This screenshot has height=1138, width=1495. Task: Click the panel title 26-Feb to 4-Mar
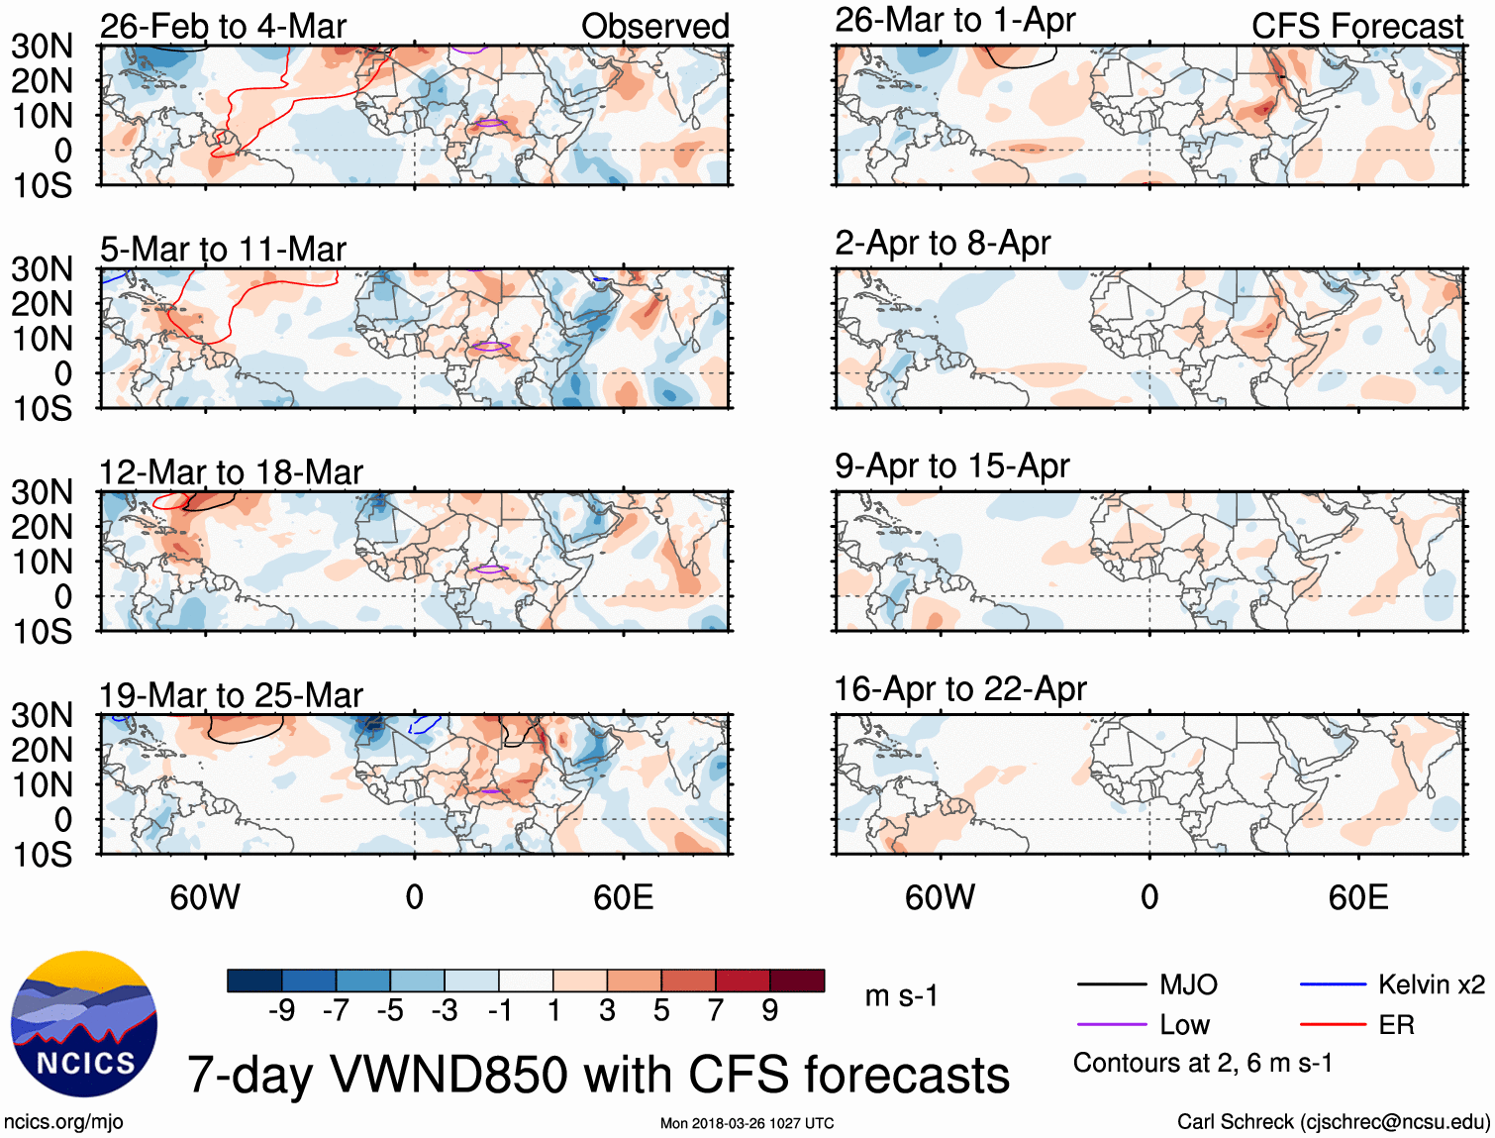point(223,26)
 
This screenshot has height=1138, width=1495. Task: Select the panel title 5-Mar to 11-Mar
point(223,249)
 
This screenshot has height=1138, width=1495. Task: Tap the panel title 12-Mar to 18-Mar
point(231,472)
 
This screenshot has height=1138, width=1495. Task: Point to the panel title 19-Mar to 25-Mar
point(231,695)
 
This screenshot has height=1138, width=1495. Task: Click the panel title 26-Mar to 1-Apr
point(954,20)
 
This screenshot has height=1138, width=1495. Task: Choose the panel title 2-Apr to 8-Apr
point(943,243)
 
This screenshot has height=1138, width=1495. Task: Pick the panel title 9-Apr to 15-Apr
point(951,466)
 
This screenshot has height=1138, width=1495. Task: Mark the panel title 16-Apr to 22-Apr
point(960,688)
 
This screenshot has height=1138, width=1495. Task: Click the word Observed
point(654,26)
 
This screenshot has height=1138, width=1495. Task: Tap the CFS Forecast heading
point(1356,26)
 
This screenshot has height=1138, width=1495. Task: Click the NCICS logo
point(84,1024)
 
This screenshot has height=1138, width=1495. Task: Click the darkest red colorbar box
point(797,981)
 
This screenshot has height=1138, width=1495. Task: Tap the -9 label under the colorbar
point(281,1010)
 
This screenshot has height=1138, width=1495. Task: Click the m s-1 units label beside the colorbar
point(901,995)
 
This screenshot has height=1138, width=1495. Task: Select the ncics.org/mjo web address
point(63,1122)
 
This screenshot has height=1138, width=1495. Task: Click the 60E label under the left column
point(623,897)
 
